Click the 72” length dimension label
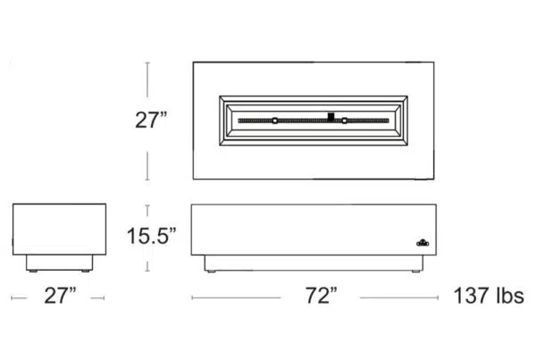click(321, 296)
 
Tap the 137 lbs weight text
click(489, 296)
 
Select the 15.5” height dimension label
click(151, 236)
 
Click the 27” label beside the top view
click(151, 120)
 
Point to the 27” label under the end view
click(60, 296)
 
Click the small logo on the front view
click(423, 242)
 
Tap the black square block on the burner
click(331, 117)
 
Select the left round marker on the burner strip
click(275, 121)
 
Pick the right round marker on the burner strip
click(345, 121)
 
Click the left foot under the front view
click(212, 272)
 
